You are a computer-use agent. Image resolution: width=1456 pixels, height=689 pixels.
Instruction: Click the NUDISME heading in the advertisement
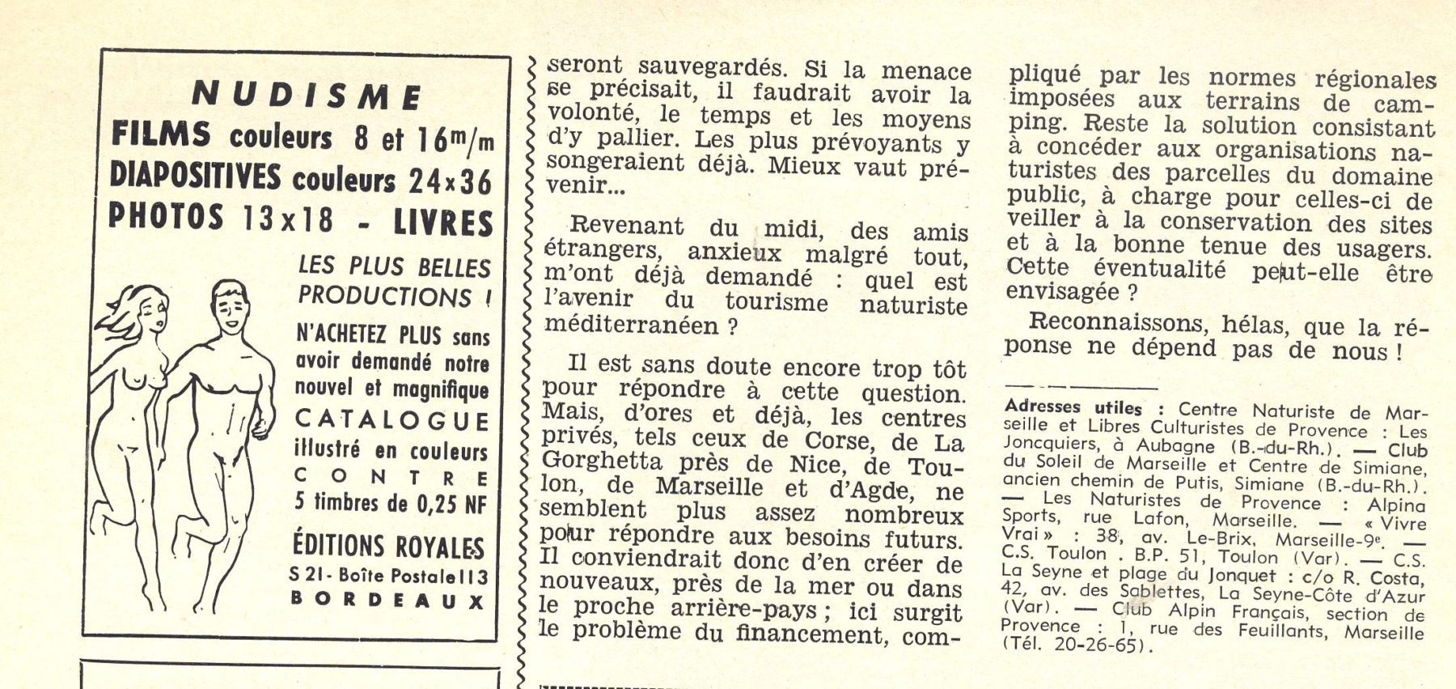click(307, 97)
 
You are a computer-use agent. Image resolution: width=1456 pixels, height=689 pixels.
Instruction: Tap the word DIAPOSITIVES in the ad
click(195, 177)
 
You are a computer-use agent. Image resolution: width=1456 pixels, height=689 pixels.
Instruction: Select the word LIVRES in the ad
click(442, 223)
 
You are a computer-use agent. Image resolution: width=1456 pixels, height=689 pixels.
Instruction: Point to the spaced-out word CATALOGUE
click(392, 421)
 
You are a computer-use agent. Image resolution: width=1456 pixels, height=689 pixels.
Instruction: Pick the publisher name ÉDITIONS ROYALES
click(388, 547)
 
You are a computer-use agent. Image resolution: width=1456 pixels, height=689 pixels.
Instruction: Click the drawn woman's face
click(152, 309)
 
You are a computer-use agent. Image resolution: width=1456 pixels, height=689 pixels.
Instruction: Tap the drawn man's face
click(231, 305)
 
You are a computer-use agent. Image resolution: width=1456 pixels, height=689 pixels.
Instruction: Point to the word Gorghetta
click(601, 461)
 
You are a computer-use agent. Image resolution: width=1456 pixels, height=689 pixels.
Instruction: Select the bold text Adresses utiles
click(1073, 407)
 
